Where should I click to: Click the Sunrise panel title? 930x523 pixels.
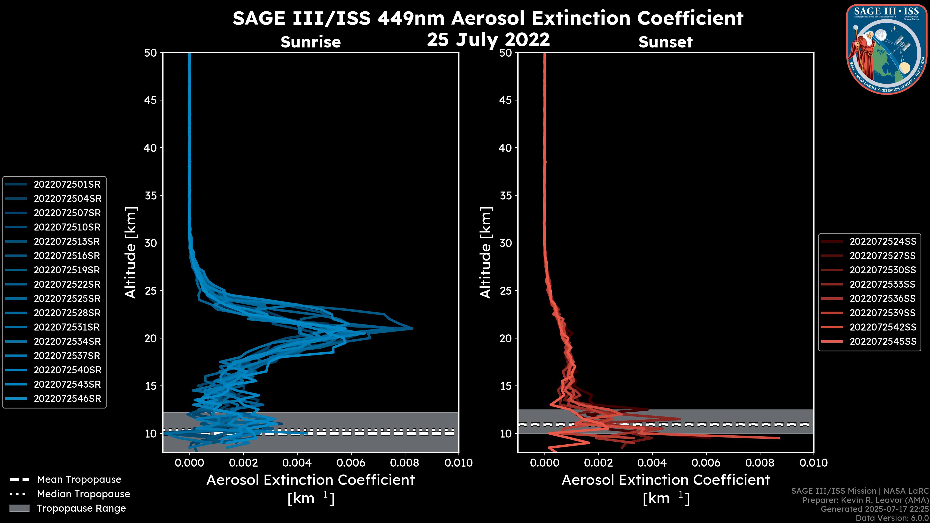pyautogui.click(x=310, y=42)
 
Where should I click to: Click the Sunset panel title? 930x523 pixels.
pyautogui.click(x=665, y=42)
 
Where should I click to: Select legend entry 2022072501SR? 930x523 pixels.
pyautogui.click(x=67, y=185)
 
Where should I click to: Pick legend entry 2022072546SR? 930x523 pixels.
pyautogui.click(x=67, y=399)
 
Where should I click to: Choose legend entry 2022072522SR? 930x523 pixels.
pyautogui.click(x=67, y=285)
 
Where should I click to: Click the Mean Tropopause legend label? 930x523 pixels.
pyautogui.click(x=79, y=480)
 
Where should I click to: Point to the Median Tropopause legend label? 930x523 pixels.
pyautogui.click(x=83, y=494)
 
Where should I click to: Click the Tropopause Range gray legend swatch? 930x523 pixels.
pyautogui.click(x=19, y=508)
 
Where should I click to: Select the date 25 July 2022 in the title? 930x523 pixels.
pyautogui.click(x=488, y=40)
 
